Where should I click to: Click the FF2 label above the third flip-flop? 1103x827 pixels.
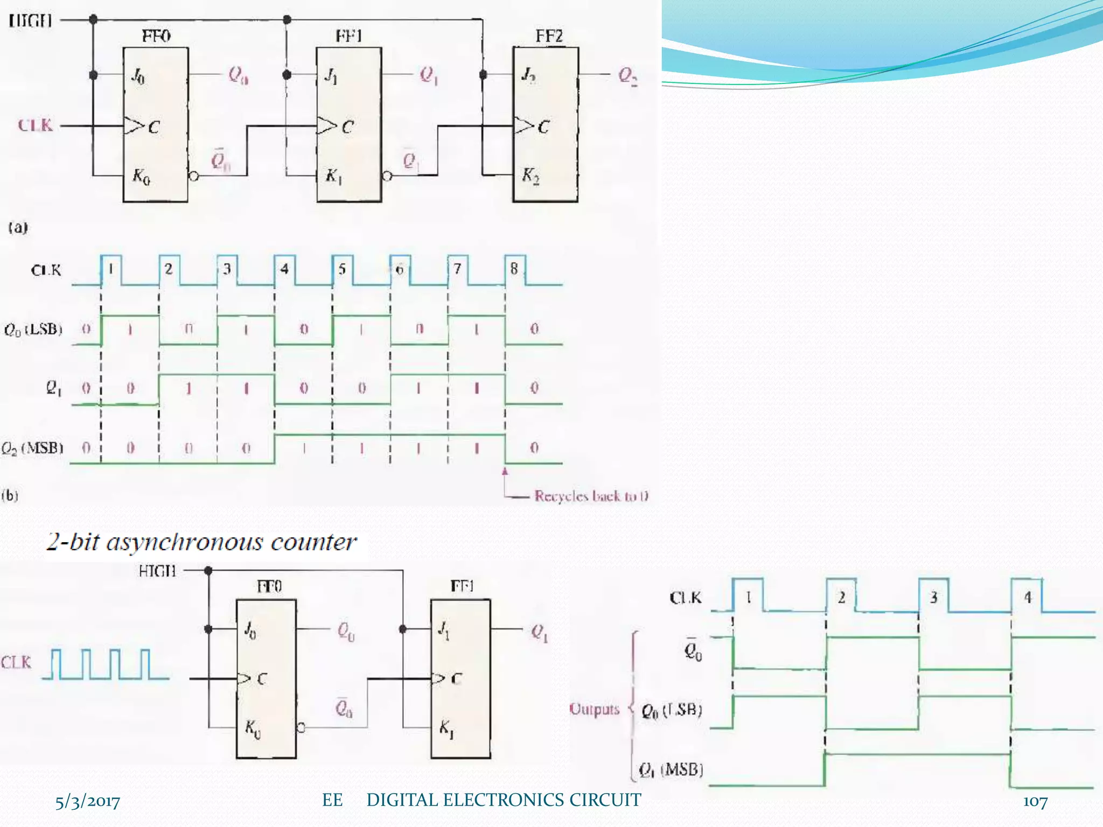coord(549,36)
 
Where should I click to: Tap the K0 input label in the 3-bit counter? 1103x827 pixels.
coord(141,176)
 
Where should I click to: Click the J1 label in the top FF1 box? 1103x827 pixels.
coord(331,76)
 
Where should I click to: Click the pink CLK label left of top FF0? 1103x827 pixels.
coord(36,125)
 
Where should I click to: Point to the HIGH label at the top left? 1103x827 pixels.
coord(30,21)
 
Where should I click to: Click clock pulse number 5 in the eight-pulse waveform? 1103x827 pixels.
coord(342,269)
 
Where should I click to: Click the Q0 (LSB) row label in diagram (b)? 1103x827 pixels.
coord(33,329)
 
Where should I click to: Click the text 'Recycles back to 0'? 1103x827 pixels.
coord(591,496)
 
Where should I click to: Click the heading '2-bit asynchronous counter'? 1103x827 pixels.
coord(202,542)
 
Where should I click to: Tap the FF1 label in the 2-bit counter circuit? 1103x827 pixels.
coord(462,586)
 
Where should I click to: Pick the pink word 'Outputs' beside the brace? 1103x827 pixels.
coord(595,709)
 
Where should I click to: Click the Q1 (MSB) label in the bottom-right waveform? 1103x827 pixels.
coord(671,769)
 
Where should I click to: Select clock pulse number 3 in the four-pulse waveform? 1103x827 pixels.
coord(934,597)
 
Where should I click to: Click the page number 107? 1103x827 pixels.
coord(1035,802)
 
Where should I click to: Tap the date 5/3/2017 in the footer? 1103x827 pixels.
coord(88,802)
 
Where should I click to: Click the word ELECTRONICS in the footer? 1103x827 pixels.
coord(505,800)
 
